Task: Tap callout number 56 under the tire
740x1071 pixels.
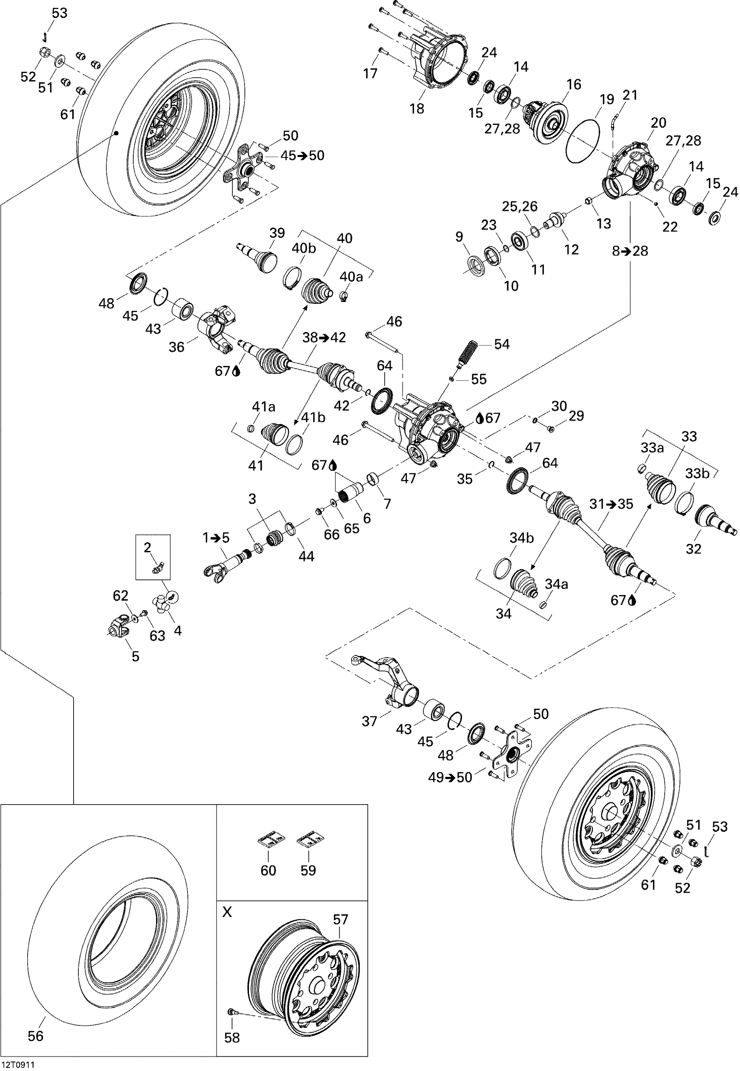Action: (x=36, y=1036)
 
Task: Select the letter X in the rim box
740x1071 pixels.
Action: (x=227, y=912)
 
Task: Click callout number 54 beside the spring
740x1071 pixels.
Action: (x=502, y=345)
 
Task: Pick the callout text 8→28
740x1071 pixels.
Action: (x=630, y=251)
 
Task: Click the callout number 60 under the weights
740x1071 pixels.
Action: (x=268, y=870)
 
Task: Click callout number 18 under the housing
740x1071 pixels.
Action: (x=417, y=109)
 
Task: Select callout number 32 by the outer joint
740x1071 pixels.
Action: (x=693, y=549)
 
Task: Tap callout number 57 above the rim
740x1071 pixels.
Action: (x=340, y=920)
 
